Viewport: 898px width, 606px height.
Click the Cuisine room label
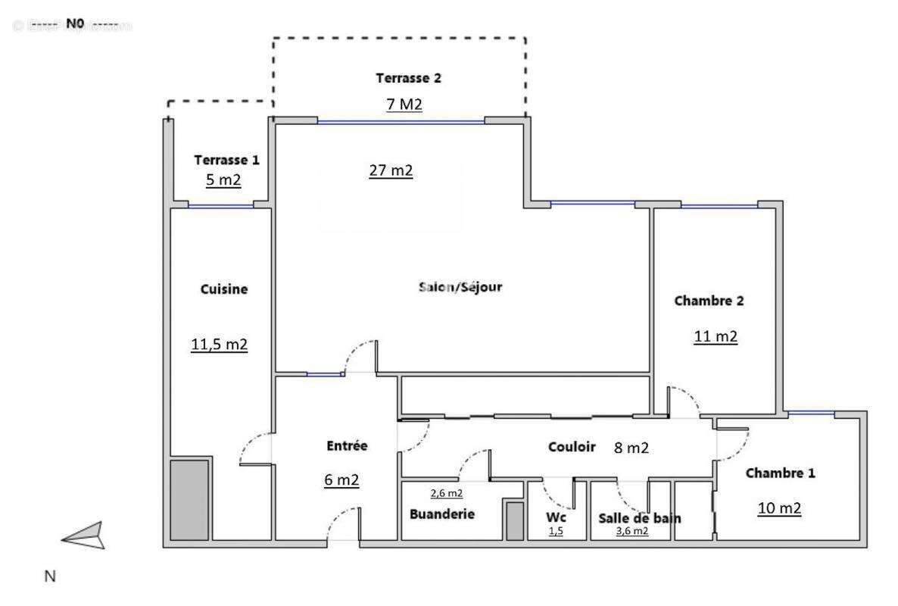tap(224, 289)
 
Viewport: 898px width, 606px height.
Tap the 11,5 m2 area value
tap(219, 345)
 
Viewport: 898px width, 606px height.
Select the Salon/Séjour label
tap(460, 287)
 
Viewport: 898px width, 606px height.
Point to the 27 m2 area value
tap(391, 170)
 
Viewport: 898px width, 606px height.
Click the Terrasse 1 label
tap(226, 160)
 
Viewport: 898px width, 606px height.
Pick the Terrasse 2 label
tap(408, 77)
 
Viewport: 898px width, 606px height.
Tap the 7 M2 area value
tap(404, 105)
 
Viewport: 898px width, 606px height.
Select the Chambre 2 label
tap(709, 301)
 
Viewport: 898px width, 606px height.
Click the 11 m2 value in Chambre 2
tap(716, 336)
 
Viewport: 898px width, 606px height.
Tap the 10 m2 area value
tap(779, 508)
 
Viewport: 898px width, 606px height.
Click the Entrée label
tap(347, 446)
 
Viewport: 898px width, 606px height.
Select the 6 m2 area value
tap(341, 479)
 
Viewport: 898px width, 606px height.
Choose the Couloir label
tap(572, 447)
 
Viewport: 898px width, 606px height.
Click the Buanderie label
tap(442, 514)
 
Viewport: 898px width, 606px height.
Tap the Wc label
tap(556, 518)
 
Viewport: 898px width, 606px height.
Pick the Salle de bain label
tap(639, 518)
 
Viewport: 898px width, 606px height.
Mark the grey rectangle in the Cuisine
tap(189, 499)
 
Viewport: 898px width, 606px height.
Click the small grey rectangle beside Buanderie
tap(515, 520)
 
